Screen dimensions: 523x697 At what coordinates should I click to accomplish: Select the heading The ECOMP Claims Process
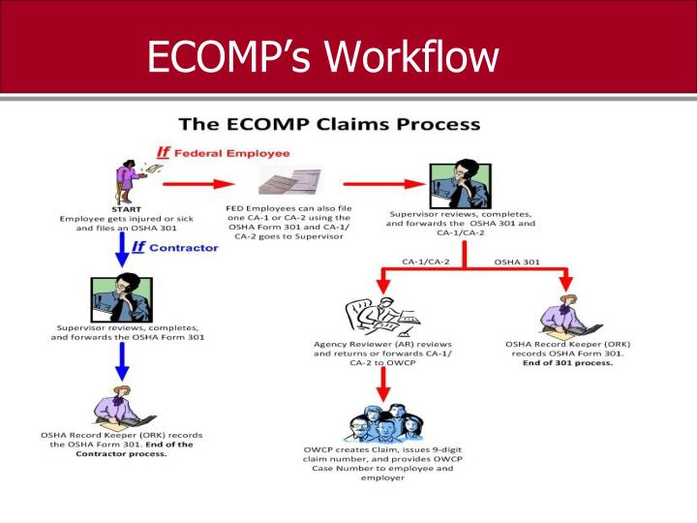(329, 125)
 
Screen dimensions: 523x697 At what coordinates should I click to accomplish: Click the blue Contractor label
(175, 248)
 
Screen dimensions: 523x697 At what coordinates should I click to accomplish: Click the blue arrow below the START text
(123, 251)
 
